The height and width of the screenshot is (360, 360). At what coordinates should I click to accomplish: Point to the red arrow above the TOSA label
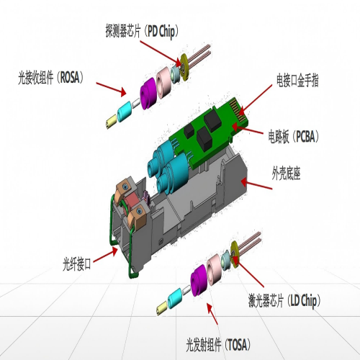click(210, 313)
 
